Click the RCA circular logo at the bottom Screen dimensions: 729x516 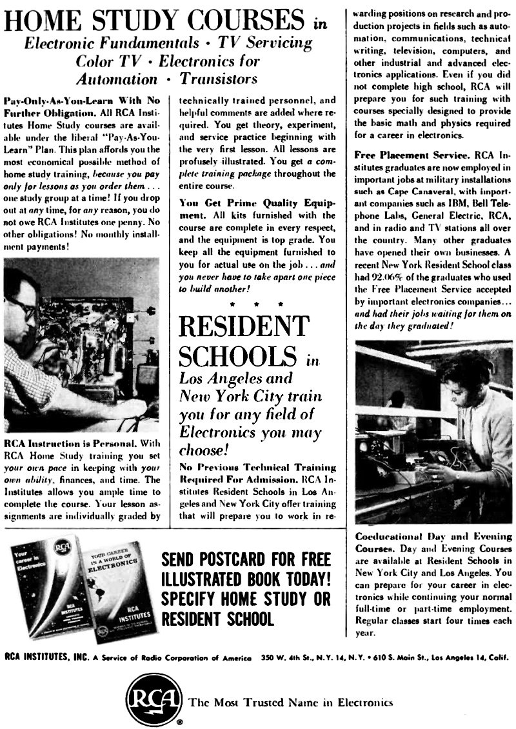154,700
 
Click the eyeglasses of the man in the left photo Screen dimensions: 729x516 21,308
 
